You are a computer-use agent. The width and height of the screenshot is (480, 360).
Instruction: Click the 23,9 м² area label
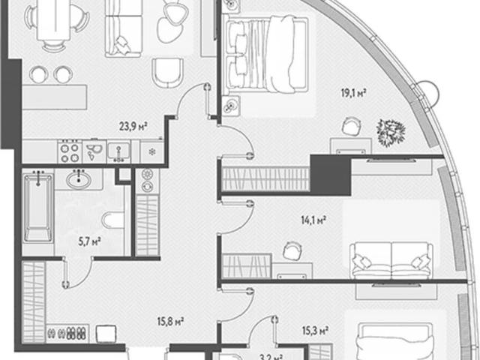tap(133, 126)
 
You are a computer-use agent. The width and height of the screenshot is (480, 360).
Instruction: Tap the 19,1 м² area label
tap(354, 92)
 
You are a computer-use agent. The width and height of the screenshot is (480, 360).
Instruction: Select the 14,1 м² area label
tap(313, 220)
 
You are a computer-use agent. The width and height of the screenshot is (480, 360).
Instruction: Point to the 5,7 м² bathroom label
tap(90, 242)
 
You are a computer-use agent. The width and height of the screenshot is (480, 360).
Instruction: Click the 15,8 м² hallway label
tap(170, 322)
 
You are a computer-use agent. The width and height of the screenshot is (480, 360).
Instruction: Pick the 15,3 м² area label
tap(315, 331)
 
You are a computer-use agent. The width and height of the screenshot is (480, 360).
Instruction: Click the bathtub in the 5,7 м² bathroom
tap(38, 208)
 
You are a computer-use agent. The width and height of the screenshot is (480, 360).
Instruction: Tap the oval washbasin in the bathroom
tap(79, 180)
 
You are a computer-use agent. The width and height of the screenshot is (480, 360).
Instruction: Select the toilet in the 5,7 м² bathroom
tap(113, 220)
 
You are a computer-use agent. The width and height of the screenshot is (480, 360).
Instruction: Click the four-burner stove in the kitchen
tap(70, 152)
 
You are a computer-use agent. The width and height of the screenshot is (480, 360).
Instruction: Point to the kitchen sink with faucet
tap(118, 151)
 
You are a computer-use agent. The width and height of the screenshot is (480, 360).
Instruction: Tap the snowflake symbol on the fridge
tap(152, 151)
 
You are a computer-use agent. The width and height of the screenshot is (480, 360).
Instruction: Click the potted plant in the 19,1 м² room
tap(391, 133)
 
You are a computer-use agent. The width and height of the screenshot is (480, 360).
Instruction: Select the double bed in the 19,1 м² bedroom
tap(265, 55)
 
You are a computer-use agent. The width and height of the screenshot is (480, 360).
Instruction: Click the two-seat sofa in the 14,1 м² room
tap(391, 261)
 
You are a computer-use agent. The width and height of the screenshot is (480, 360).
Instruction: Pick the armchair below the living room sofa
tap(167, 73)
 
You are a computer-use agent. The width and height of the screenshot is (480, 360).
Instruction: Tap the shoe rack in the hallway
tap(67, 333)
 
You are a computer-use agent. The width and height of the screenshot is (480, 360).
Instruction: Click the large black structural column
tap(331, 175)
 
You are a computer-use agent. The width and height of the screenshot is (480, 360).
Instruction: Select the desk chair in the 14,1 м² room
tap(292, 251)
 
